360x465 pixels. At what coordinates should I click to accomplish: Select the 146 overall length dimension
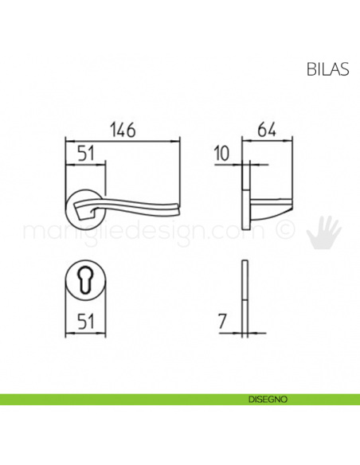coord(122,129)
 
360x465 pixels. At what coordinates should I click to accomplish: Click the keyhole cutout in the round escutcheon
coord(84,282)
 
